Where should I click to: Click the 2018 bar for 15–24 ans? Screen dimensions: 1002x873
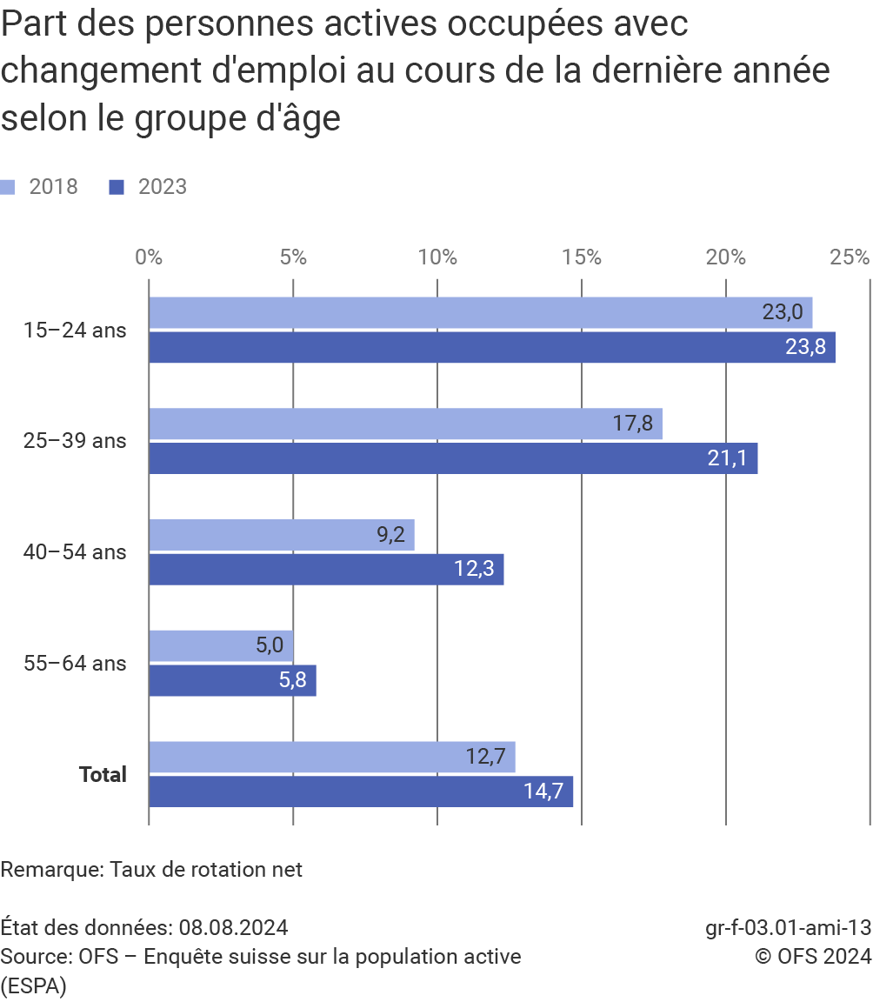point(480,312)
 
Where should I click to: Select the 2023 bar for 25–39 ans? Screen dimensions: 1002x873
point(452,458)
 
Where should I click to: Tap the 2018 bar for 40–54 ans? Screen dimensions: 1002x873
point(281,535)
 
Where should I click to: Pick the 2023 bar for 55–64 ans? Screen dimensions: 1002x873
point(232,680)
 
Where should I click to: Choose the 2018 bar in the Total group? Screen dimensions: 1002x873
point(331,757)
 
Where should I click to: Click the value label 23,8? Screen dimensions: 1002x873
point(805,347)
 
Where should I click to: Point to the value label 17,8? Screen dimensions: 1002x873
point(633,424)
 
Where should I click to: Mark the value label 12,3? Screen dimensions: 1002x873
point(474,570)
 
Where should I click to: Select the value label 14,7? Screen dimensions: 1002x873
point(543,792)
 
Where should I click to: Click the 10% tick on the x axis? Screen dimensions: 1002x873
point(437,257)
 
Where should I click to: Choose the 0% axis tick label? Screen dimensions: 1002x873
point(149,257)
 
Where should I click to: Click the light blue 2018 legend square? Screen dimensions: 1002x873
point(8,187)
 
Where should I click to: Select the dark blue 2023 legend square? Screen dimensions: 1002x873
point(117,187)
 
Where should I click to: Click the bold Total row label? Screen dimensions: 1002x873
point(103,774)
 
